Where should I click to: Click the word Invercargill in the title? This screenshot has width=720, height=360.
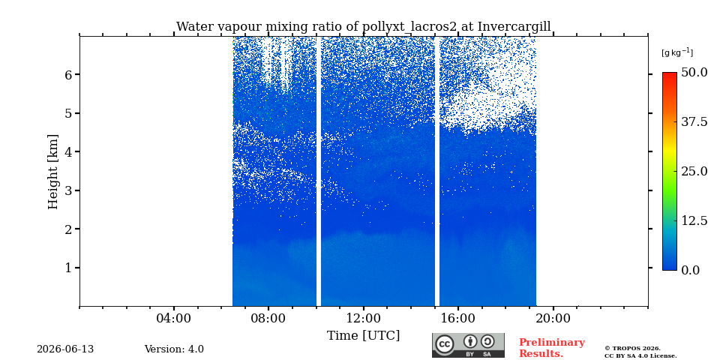514,27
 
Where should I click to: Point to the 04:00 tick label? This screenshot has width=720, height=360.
173,318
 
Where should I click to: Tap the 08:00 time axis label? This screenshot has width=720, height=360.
268,318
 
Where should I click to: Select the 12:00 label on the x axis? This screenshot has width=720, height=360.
363,318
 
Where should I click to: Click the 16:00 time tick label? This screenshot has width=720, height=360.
457,318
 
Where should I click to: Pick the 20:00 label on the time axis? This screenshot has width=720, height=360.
553,318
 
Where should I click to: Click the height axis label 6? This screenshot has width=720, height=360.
70,74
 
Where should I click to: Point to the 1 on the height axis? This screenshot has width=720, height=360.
70,268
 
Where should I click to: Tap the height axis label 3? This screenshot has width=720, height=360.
70,190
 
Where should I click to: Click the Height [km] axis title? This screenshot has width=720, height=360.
54,172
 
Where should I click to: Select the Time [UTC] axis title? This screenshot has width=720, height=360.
363,336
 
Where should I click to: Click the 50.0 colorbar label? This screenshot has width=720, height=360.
694,73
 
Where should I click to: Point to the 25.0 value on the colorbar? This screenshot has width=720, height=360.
694,171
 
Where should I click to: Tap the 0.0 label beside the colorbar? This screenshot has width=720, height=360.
690,270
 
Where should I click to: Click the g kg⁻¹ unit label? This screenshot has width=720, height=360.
676,52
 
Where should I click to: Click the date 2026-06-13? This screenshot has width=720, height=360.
65,349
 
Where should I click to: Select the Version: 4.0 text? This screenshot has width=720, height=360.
174,349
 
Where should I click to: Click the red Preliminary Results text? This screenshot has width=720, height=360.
551,348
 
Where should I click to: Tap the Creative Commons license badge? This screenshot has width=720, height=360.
468,345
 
